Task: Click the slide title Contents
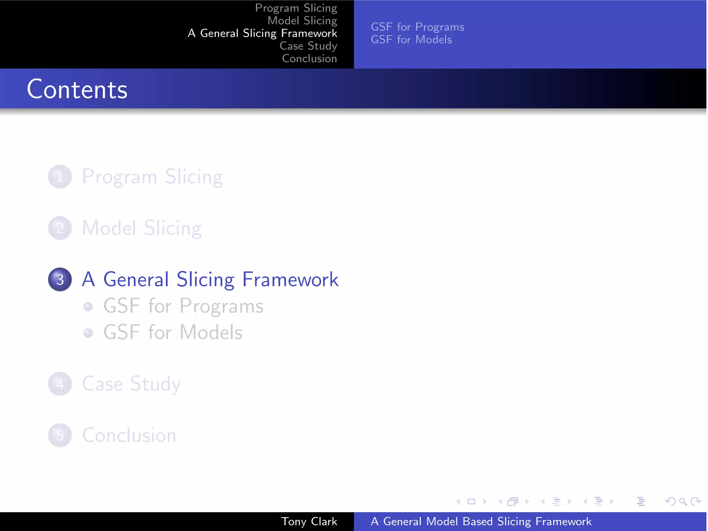tap(77, 89)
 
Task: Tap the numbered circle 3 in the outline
tap(60, 279)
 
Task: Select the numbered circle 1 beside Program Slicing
tap(60, 177)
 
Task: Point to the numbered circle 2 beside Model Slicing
tap(60, 228)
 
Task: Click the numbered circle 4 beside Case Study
tap(60, 384)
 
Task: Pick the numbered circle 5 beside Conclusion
tap(60, 435)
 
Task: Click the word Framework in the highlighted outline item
tap(290, 279)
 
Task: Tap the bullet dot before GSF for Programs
tap(88, 306)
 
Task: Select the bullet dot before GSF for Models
tap(88, 333)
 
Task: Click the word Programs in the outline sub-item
tap(221, 306)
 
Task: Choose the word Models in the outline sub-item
tap(211, 333)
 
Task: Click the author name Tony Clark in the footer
tap(309, 521)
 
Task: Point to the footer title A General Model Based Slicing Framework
tap(481, 521)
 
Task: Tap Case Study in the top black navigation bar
tap(308, 46)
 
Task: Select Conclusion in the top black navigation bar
tap(309, 58)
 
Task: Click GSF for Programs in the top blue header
tap(417, 27)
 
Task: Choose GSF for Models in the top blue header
tap(411, 40)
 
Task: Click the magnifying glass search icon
tap(683, 501)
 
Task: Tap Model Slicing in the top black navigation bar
tap(302, 21)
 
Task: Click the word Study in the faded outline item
tap(155, 384)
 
